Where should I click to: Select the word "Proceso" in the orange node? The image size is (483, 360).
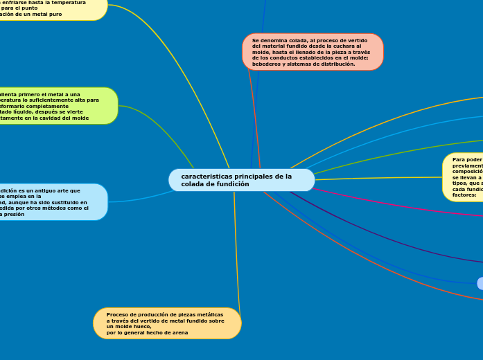[x=118, y=314]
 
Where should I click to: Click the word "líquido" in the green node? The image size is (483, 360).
[x=30, y=112]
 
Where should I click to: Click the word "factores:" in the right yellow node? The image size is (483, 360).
[x=464, y=195]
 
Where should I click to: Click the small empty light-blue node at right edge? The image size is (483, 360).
[x=480, y=282]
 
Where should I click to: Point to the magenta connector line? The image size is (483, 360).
[x=388, y=199]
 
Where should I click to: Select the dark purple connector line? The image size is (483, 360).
[x=388, y=242]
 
